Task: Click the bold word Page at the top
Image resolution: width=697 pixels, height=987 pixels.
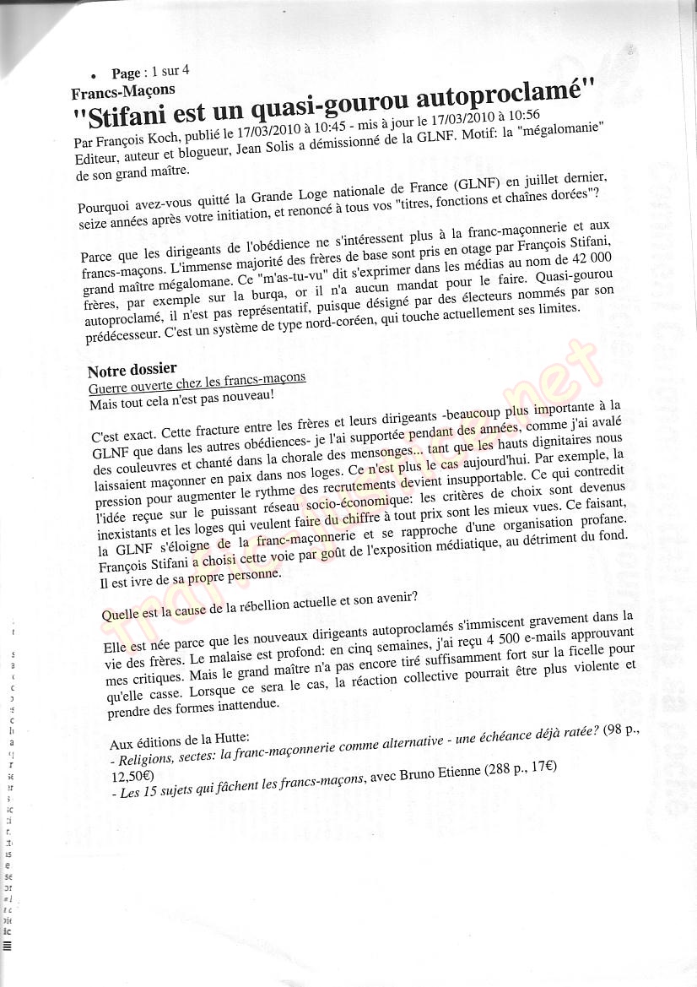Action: point(126,74)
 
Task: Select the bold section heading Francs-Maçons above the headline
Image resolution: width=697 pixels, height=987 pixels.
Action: point(123,91)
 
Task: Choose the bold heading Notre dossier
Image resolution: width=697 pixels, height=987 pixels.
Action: point(132,369)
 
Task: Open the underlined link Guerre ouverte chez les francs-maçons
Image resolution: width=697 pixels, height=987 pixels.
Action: point(197,382)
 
